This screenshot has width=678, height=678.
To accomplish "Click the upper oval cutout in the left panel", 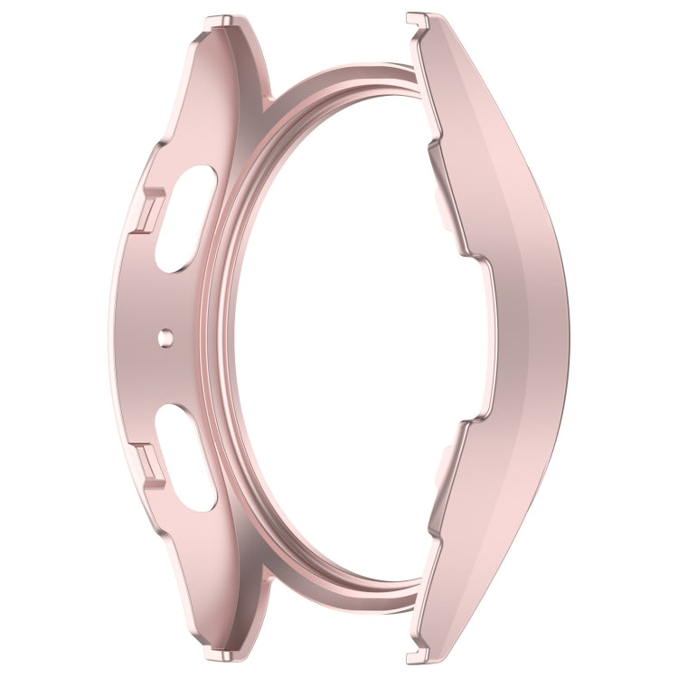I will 185,221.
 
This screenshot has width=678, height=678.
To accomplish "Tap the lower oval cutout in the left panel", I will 185,457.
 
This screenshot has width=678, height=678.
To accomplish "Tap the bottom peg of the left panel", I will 220,654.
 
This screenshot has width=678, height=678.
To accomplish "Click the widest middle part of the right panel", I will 524,339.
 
